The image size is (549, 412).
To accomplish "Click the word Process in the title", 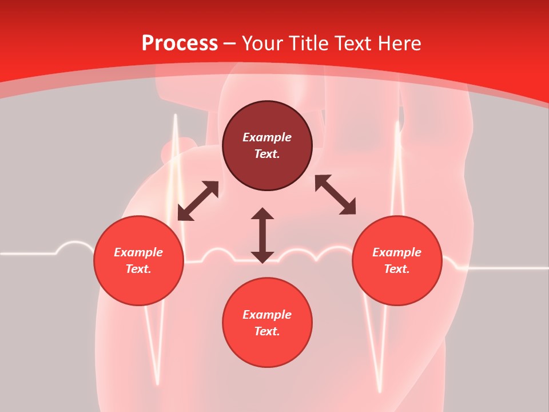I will (180, 43).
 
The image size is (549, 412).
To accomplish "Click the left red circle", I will (138, 260).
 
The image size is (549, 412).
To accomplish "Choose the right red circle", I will (397, 260).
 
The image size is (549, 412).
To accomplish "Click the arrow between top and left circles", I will (198, 201).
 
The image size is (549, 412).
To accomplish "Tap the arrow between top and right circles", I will (335, 195).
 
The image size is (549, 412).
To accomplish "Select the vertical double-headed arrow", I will (262, 235).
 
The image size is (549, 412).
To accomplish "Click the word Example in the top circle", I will (267, 137).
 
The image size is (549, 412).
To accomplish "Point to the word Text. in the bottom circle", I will (267, 331).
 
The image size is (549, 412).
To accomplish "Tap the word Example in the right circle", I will (397, 252).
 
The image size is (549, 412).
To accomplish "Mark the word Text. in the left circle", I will (138, 269).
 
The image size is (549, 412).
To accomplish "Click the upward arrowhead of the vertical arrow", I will (262, 213).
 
